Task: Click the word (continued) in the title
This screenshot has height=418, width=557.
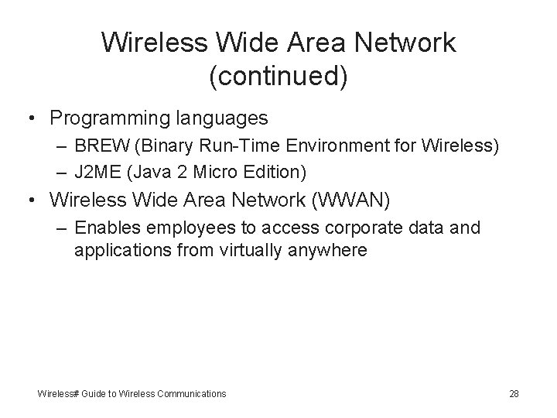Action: click(x=278, y=76)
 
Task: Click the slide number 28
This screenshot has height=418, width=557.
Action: click(x=514, y=394)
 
